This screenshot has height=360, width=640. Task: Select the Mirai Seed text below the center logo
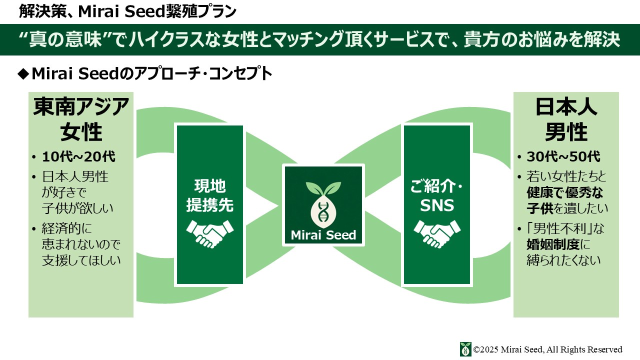point(323,235)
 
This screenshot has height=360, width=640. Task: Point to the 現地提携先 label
point(210,195)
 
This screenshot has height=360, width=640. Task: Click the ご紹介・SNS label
point(437,195)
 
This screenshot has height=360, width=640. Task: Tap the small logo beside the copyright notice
point(465,349)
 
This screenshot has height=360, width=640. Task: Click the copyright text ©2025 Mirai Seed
point(547,349)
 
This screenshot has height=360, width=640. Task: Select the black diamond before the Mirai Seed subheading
point(22,74)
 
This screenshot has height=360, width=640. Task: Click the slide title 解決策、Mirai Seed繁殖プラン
point(127,11)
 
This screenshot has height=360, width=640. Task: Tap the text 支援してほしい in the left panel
point(81,260)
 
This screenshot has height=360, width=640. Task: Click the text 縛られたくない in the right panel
point(563,260)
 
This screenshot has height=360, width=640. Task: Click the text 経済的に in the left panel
point(67,228)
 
